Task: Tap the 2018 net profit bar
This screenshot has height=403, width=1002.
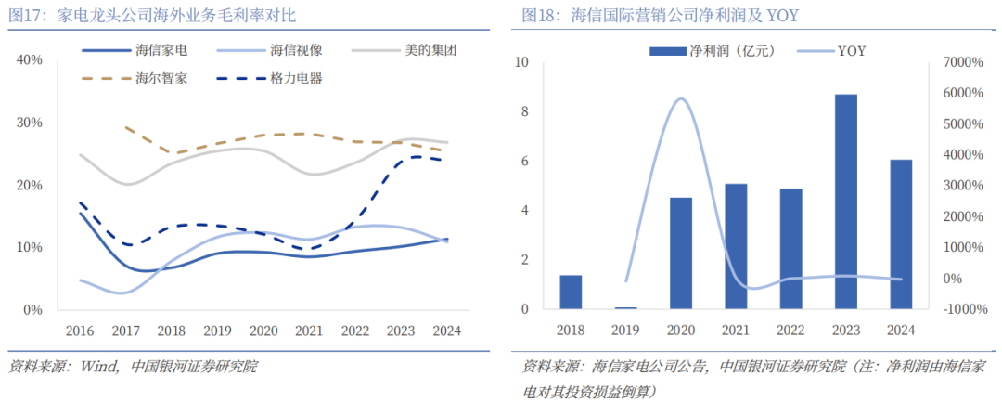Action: coord(571,292)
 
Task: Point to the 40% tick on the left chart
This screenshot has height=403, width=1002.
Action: coord(31,60)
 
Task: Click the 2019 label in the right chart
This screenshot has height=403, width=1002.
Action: coord(624,330)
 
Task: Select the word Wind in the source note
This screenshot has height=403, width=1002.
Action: coord(98,366)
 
